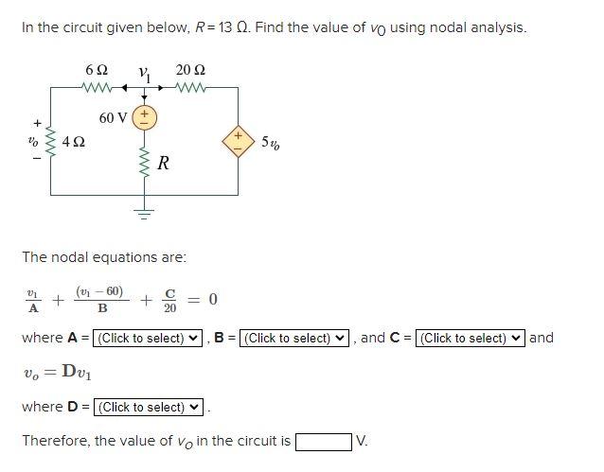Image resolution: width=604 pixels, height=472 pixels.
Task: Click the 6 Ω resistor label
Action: (x=96, y=71)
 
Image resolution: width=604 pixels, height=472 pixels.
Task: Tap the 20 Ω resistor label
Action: (x=191, y=71)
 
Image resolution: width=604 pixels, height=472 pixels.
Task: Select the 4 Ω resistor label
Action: (x=74, y=143)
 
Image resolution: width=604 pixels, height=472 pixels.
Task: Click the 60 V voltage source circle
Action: (x=146, y=117)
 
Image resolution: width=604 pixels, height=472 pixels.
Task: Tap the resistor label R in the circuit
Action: (x=163, y=163)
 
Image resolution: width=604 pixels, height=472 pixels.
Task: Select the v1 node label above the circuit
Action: (x=144, y=72)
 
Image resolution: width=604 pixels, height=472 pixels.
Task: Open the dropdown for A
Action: (x=149, y=338)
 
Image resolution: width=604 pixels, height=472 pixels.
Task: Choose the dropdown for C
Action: (x=471, y=338)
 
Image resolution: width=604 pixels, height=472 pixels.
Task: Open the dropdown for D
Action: (x=149, y=407)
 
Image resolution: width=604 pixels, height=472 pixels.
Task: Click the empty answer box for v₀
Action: (x=323, y=442)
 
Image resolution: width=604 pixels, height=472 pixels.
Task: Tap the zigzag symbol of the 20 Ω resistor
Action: (x=191, y=91)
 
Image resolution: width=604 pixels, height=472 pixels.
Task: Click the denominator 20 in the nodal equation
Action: (x=170, y=307)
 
